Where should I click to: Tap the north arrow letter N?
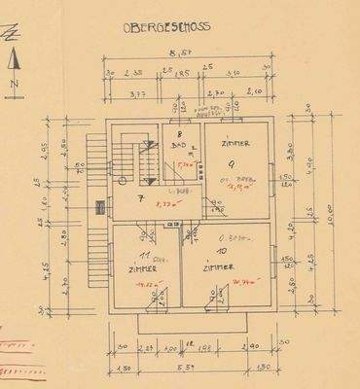coord(14,87)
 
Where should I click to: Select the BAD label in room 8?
coord(178,145)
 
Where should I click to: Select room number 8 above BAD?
coord(180,133)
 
